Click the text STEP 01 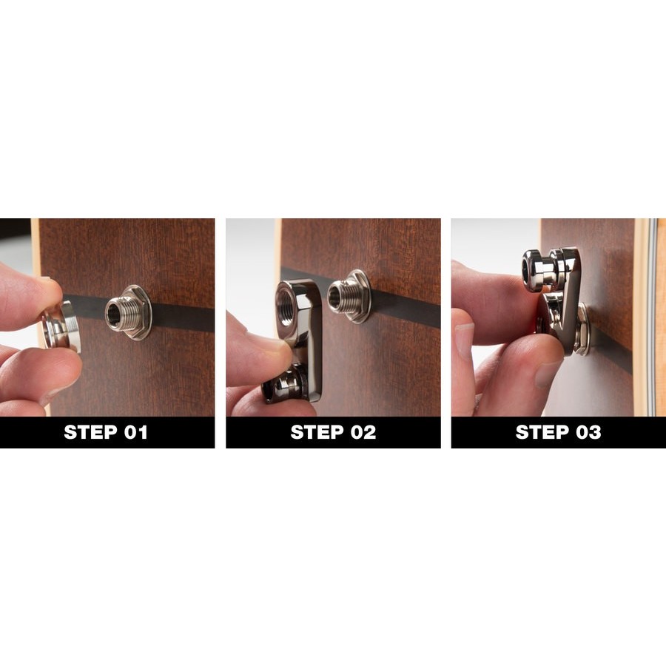(x=106, y=432)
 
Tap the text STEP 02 (x=333, y=432)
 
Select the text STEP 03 (x=558, y=432)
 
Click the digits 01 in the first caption (x=135, y=432)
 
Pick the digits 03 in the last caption (x=588, y=432)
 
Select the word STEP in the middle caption (x=317, y=432)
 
